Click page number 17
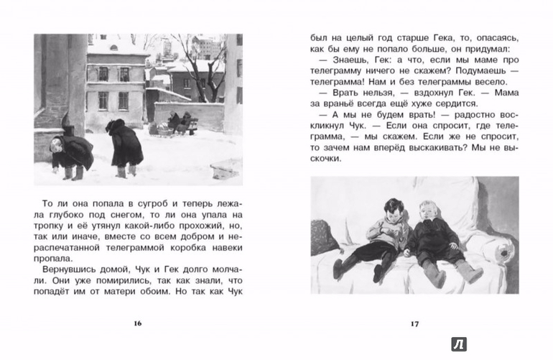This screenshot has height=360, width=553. pos(414,323)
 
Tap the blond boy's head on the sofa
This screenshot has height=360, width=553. pos(429,213)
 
